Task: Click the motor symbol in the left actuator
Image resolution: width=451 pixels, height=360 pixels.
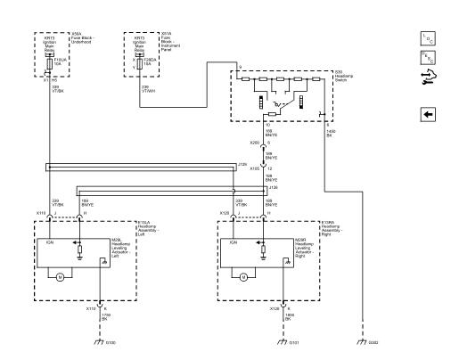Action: (x=60, y=277)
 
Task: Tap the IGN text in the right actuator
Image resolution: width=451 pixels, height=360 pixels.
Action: (x=232, y=241)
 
